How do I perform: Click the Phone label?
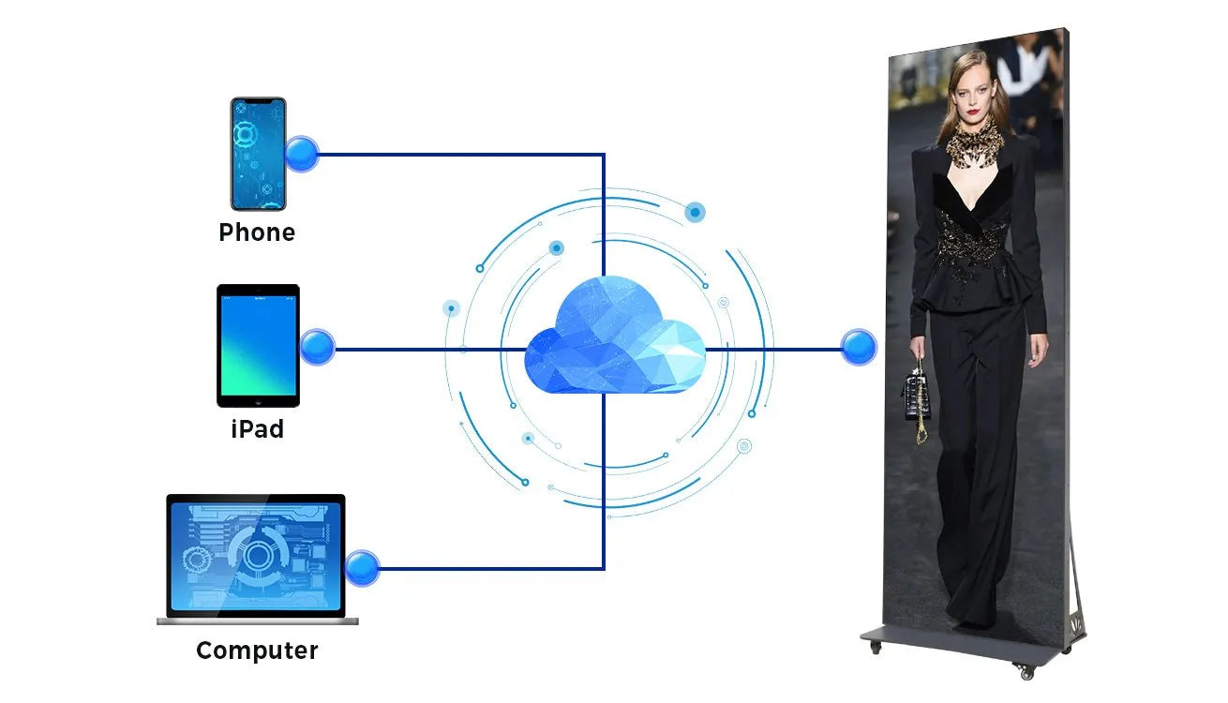(x=257, y=232)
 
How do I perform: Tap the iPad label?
(x=257, y=429)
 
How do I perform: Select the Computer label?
(x=257, y=651)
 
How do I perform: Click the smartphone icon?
(x=258, y=154)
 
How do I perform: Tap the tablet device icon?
(x=258, y=346)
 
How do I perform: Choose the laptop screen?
(x=255, y=555)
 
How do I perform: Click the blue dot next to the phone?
(x=302, y=154)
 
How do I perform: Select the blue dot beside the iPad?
(x=318, y=348)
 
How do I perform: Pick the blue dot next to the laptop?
(x=362, y=568)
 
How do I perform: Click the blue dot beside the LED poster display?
(x=858, y=348)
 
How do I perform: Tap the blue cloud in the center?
(x=613, y=337)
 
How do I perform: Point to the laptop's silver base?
(x=257, y=620)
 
